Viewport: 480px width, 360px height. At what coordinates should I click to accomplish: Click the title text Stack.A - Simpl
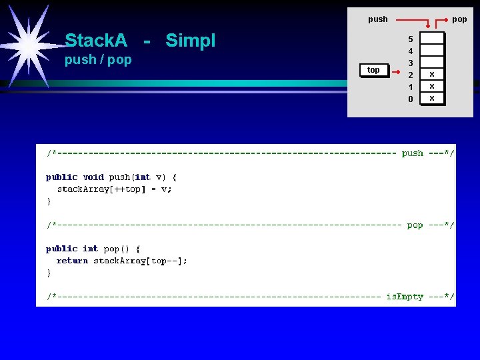point(140,41)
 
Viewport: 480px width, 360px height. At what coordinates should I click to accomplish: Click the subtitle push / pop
point(98,60)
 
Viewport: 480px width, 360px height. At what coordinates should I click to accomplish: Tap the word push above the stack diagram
point(377,19)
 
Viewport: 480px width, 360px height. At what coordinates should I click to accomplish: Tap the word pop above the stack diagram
point(459,19)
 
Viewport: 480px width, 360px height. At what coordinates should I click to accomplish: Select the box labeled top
point(373,70)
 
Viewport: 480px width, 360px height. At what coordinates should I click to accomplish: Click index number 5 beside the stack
point(411,39)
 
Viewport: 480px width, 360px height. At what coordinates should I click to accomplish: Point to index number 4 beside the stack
point(411,51)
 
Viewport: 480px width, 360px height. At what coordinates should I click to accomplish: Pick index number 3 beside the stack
point(411,63)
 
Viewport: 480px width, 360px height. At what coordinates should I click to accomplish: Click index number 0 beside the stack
point(411,99)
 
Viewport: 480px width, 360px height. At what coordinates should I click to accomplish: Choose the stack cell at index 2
point(432,74)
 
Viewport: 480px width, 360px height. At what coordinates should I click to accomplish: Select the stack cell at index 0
point(432,98)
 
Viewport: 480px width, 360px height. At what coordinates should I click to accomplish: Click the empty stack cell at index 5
point(432,38)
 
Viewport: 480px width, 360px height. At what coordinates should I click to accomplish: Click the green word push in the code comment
point(412,153)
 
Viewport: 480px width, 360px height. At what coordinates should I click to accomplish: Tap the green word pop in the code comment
point(415,225)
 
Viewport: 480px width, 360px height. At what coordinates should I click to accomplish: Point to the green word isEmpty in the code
point(405,297)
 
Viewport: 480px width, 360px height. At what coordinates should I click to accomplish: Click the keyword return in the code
point(72,261)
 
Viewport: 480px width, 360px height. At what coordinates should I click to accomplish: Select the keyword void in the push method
point(93,177)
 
